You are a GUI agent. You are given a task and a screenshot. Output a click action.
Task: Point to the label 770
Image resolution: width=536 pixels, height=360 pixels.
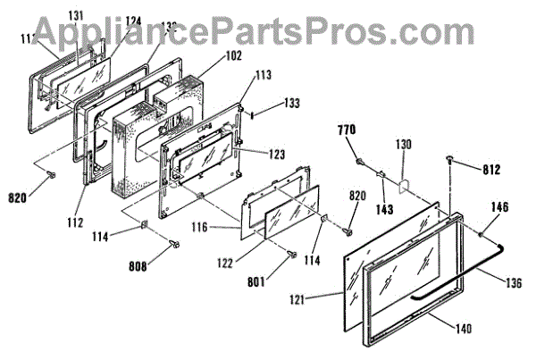pyautogui.click(x=347, y=130)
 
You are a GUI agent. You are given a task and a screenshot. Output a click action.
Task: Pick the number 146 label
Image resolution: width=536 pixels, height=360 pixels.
pyautogui.click(x=498, y=206)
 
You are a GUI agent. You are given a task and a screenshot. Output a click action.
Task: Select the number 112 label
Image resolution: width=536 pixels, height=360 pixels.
pyautogui.click(x=74, y=222)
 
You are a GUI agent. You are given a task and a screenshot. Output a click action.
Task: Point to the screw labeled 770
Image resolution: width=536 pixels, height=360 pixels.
pyautogui.click(x=359, y=163)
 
